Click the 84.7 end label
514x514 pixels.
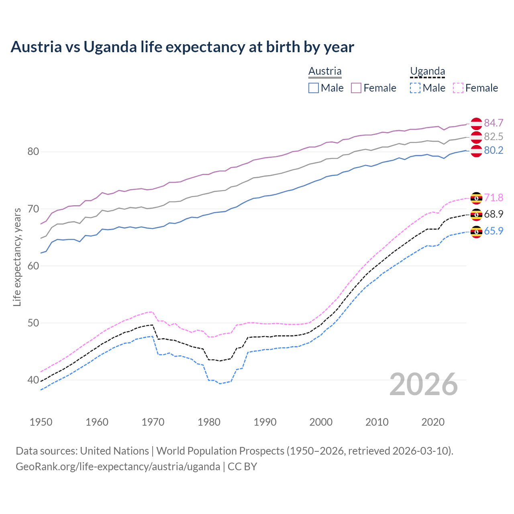point(494,123)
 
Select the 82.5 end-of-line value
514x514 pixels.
point(494,137)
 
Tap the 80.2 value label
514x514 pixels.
point(494,150)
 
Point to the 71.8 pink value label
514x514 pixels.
point(494,198)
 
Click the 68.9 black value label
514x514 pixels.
point(494,214)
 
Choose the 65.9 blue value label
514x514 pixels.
point(494,231)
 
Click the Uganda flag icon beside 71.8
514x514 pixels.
point(476,198)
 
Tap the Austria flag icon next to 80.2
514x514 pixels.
point(476,151)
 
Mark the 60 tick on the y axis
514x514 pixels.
point(33,266)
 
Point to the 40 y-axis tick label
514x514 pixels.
point(33,380)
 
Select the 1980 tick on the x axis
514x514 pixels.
point(209,422)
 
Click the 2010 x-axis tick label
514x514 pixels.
point(377,422)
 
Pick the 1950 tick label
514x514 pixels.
point(41,422)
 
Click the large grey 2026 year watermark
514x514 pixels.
point(424,384)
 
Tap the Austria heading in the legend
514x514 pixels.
point(325,71)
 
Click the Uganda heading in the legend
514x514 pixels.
point(427,71)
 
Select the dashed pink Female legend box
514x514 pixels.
point(458,88)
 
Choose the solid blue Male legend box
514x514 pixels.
point(314,88)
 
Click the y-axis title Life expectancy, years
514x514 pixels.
point(17,257)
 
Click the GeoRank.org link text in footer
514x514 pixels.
point(118,467)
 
